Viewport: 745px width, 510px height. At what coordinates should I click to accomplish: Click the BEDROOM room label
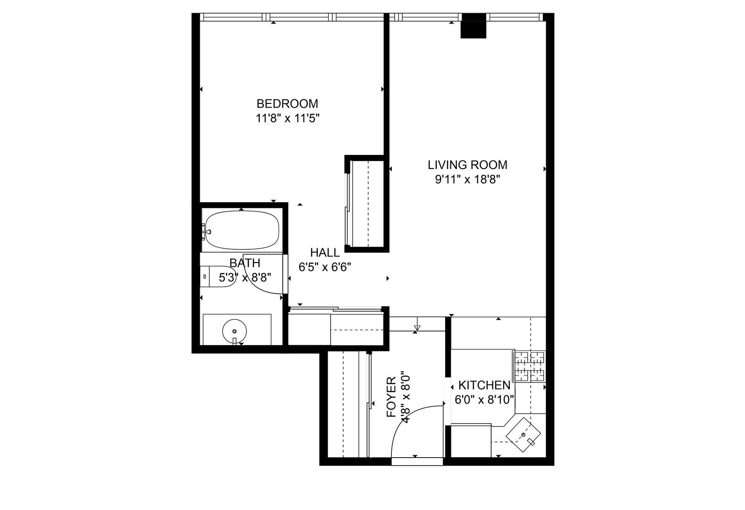pos(288,104)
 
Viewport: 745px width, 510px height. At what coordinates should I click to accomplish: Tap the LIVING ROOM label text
pos(467,165)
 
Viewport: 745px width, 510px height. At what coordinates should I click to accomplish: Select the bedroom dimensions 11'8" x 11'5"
pos(288,119)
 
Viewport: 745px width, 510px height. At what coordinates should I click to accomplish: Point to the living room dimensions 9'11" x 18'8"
pos(467,179)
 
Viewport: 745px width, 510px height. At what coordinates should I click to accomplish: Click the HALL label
pos(325,253)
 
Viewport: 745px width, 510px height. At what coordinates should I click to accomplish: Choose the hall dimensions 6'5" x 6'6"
pos(325,267)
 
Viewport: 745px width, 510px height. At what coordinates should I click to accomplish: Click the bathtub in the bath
pos(242,230)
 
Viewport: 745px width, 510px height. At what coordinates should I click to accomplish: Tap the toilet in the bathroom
pos(218,276)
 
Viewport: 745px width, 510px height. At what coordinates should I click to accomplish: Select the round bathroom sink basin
pos(235,331)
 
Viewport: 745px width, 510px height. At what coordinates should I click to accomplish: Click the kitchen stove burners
pos(530,366)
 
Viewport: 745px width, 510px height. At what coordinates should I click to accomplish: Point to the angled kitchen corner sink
pos(523,435)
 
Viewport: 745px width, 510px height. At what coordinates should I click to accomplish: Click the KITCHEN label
pos(484,385)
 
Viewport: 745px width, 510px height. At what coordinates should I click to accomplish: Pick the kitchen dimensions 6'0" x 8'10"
pos(484,399)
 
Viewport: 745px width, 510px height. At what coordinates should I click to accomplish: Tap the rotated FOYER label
pos(391,397)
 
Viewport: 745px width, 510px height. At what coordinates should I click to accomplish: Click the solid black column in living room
pos(473,26)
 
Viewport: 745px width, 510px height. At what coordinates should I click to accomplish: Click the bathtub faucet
pos(206,231)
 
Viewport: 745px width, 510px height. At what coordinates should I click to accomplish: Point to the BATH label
pos(245,263)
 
